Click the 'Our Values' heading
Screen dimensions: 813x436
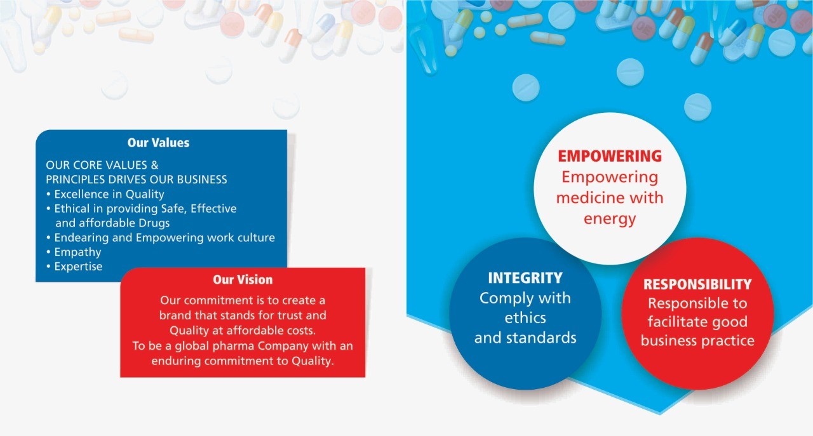pyautogui.click(x=158, y=143)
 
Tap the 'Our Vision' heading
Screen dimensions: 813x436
pyautogui.click(x=243, y=280)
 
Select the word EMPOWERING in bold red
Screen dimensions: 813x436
pyautogui.click(x=610, y=156)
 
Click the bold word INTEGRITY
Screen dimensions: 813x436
pyautogui.click(x=525, y=278)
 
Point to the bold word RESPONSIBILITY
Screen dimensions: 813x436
pyautogui.click(x=697, y=284)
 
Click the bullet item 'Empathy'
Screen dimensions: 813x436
pyautogui.click(x=77, y=252)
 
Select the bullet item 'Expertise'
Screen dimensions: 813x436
pyautogui.click(x=78, y=267)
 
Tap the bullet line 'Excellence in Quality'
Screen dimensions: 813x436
pyautogui.click(x=109, y=194)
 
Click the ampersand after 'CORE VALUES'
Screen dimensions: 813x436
pyautogui.click(x=154, y=165)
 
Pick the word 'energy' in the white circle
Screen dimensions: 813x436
pyautogui.click(x=610, y=220)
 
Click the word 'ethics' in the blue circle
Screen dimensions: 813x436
pyautogui.click(x=525, y=318)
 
